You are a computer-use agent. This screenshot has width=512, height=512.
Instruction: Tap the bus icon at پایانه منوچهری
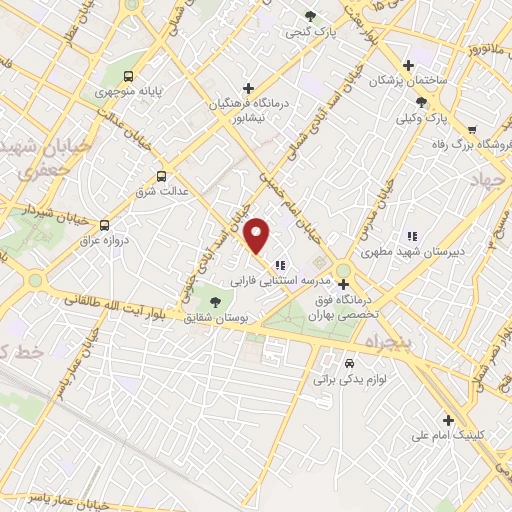coord(127,76)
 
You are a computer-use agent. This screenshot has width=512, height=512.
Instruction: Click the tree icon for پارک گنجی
coord(311,17)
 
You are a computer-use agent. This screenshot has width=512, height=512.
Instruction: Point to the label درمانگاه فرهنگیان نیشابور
coord(248,106)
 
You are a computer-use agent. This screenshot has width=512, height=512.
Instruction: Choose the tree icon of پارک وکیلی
coord(422,101)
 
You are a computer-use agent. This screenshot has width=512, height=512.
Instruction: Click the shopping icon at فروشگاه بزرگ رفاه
coord(471,130)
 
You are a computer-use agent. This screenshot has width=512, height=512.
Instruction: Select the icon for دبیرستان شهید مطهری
coord(411,236)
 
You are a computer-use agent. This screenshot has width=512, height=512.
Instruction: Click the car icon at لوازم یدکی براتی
coord(349,363)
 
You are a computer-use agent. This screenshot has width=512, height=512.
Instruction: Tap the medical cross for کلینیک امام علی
coord(449,420)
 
